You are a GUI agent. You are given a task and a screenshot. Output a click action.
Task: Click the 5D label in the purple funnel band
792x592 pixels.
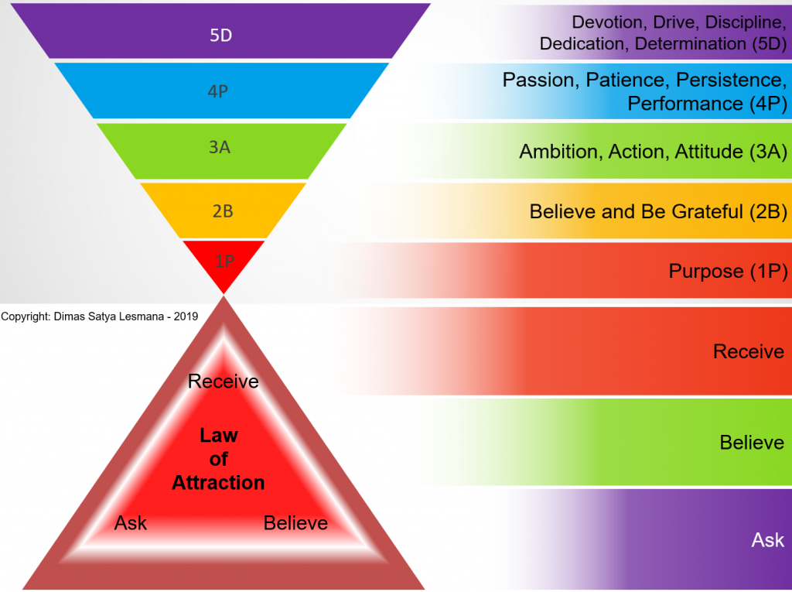click(x=220, y=35)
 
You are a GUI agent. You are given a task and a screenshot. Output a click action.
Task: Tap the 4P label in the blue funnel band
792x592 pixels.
click(x=217, y=91)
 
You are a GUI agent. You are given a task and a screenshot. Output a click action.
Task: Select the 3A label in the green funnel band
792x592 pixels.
click(x=220, y=147)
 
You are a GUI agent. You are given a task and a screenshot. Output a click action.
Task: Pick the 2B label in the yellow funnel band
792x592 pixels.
click(x=223, y=210)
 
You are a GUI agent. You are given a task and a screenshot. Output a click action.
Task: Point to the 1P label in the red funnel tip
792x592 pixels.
click(x=224, y=261)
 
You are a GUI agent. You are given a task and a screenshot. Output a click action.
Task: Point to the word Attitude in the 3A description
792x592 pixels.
click(x=708, y=152)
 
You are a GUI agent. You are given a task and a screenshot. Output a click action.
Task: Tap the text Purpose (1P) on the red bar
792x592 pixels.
click(x=728, y=272)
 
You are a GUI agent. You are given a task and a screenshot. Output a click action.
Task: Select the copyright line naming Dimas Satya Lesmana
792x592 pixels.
click(x=100, y=317)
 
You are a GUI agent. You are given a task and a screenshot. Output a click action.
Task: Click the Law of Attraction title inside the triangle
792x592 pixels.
click(x=218, y=459)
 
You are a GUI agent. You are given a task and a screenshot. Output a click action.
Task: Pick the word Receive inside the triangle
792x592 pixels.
click(x=224, y=382)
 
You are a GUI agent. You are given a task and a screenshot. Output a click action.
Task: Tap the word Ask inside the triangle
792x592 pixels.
click(x=130, y=522)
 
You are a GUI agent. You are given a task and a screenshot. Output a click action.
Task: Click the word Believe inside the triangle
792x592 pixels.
click(x=295, y=522)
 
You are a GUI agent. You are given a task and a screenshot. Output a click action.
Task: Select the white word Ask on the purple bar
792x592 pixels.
click(x=768, y=540)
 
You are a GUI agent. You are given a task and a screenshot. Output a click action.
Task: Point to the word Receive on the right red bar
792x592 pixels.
click(x=749, y=351)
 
